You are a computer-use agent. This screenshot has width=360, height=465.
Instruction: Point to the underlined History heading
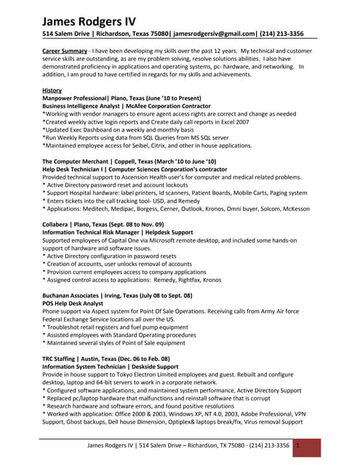click(52, 90)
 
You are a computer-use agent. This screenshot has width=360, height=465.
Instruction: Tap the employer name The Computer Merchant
click(76, 161)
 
